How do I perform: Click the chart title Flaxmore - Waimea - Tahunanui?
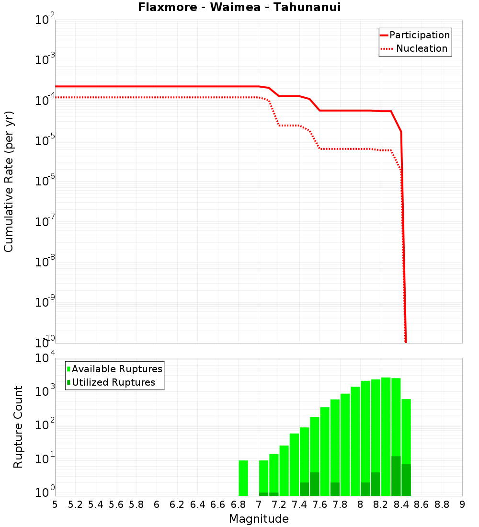pyautogui.click(x=239, y=7)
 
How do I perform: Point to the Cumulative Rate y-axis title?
pyautogui.click(x=9, y=181)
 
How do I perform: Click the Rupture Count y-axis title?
pyautogui.click(x=18, y=426)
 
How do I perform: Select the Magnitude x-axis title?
pyautogui.click(x=259, y=519)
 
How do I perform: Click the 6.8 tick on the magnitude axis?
pyautogui.click(x=238, y=504)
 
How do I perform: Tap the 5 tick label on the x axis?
pyautogui.click(x=55, y=504)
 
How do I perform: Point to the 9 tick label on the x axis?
pyautogui.click(x=462, y=504)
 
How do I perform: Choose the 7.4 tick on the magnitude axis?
pyautogui.click(x=299, y=504)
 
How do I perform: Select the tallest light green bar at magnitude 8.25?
pyautogui.click(x=386, y=436)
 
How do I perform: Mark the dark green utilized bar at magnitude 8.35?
pyautogui.click(x=396, y=476)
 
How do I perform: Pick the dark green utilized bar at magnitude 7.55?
pyautogui.click(x=314, y=484)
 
